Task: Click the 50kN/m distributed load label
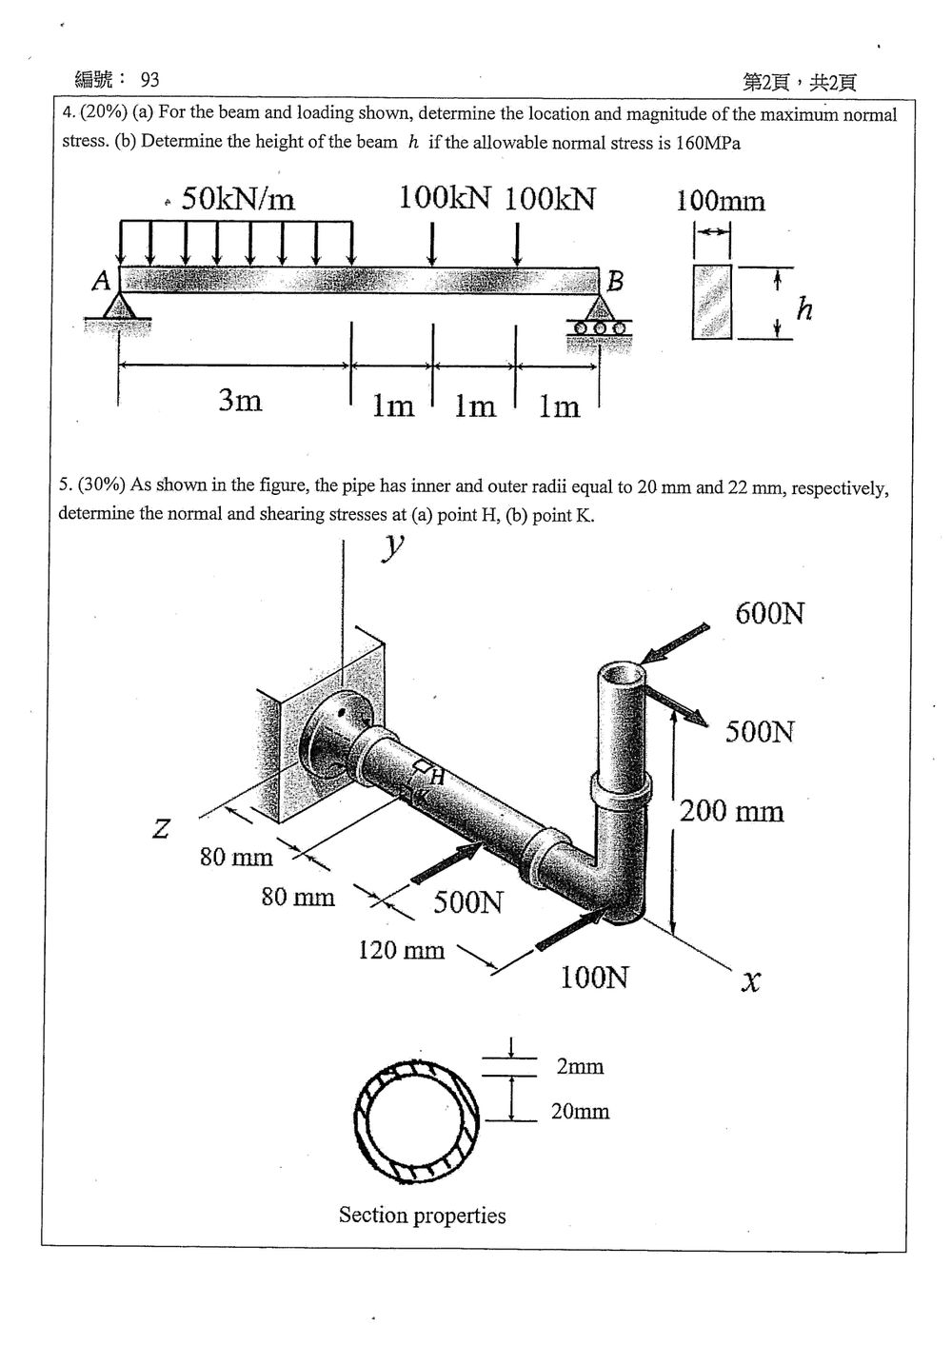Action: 238,198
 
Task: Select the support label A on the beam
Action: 102,281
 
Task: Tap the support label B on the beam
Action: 615,281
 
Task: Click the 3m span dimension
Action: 240,400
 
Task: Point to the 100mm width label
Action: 721,201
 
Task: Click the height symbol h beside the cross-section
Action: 804,308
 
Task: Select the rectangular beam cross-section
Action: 712,302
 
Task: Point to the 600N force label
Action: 769,614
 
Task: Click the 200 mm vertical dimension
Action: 731,811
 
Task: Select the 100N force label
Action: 595,978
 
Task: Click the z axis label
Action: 160,828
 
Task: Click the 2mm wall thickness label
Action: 580,1066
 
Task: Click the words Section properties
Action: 423,1216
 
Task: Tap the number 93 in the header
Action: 149,80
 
